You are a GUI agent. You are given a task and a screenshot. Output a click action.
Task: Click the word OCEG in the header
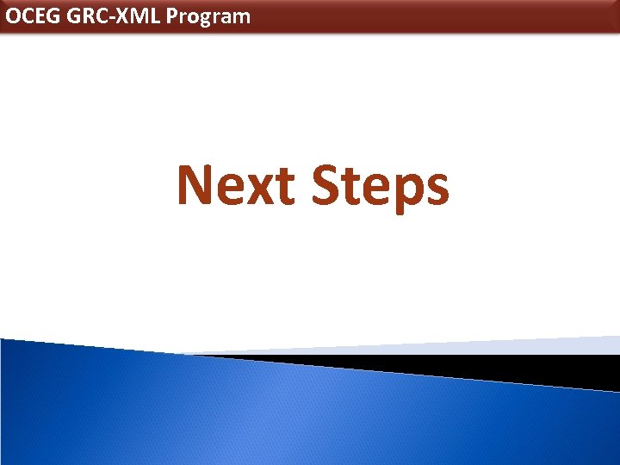[x=33, y=16]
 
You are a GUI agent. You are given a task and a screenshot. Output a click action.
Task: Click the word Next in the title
[x=238, y=186]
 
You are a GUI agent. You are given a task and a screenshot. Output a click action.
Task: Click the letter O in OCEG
[x=14, y=16]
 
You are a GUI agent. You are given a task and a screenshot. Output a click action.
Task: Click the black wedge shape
[x=517, y=369]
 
